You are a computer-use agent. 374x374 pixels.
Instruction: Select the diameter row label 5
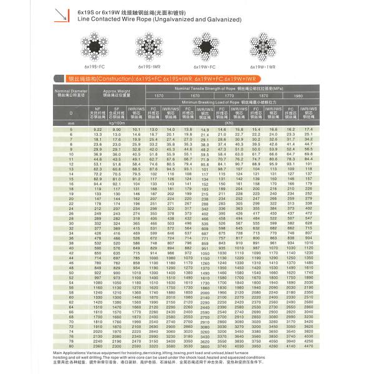tap(71, 128)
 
